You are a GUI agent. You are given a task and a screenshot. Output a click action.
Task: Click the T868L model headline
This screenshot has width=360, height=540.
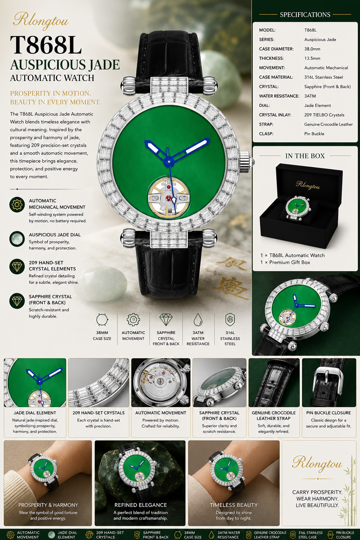(46, 45)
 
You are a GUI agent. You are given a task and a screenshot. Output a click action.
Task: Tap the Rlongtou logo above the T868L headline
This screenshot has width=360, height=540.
(41, 21)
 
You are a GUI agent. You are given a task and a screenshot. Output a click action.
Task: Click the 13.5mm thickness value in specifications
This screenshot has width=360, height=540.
(312, 58)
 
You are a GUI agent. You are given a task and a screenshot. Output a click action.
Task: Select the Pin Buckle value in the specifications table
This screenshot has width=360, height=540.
(314, 134)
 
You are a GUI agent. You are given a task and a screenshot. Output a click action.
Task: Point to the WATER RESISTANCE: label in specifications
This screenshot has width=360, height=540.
(279, 96)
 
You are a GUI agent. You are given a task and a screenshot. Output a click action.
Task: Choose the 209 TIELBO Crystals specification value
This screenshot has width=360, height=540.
(324, 115)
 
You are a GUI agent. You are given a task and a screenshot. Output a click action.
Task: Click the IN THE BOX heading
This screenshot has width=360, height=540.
(305, 156)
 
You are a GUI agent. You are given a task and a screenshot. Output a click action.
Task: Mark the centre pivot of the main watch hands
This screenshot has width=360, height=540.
(169, 161)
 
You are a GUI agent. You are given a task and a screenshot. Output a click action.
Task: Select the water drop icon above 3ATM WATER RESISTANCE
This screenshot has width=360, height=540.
(198, 320)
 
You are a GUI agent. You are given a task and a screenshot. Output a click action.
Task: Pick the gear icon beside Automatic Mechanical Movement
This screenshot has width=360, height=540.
(17, 204)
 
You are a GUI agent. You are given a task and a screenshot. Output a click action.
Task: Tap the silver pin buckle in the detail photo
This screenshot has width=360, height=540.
(329, 378)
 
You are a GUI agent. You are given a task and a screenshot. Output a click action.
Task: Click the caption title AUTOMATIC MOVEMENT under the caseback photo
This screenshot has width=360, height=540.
(161, 413)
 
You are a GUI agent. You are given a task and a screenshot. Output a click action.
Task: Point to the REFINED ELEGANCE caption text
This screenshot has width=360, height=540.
(141, 505)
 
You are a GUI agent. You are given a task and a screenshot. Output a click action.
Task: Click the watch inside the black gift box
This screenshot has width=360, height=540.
(298, 208)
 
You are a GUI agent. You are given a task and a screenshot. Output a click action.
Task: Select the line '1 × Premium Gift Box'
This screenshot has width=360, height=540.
(285, 262)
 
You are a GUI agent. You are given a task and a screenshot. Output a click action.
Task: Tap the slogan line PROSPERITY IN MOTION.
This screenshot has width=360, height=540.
(51, 93)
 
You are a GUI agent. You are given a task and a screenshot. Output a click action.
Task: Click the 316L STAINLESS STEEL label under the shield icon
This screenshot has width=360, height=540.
(230, 338)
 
